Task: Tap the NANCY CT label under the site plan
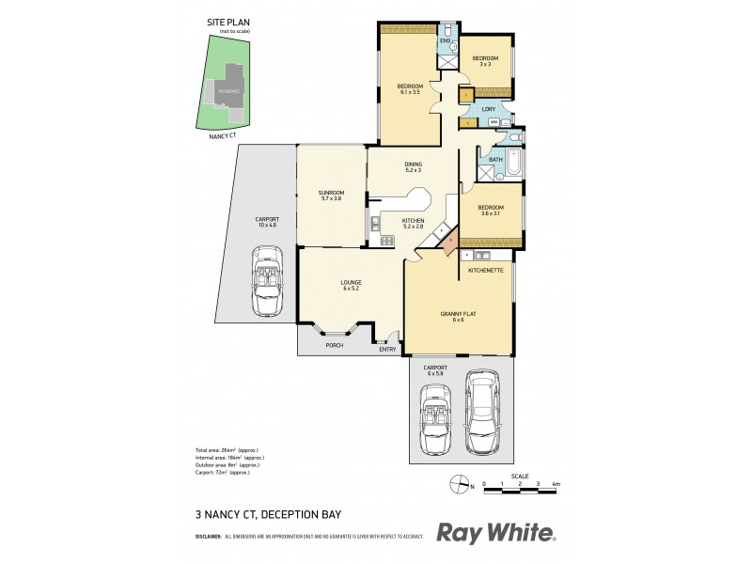225,135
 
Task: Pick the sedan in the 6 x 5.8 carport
484,412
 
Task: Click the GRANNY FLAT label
458,313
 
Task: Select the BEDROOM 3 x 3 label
485,58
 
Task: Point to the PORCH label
334,345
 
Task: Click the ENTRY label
387,349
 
